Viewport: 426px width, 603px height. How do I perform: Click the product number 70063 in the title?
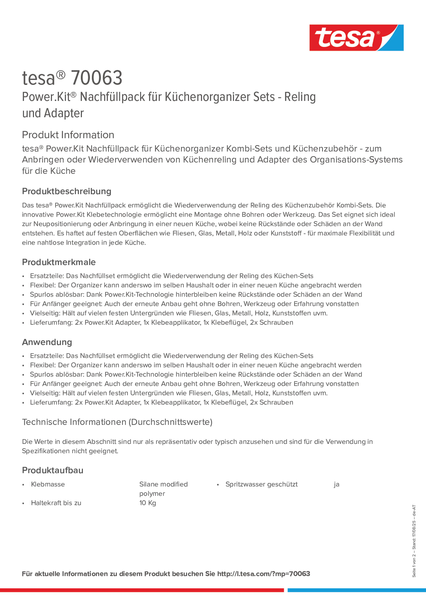(x=96, y=78)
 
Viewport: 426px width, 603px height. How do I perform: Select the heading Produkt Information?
(x=68, y=135)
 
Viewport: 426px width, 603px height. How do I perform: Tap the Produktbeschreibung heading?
(x=66, y=191)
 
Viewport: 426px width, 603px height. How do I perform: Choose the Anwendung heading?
(x=47, y=342)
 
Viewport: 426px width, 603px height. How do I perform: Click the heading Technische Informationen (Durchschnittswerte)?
(x=117, y=422)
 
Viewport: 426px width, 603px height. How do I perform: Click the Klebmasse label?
(x=48, y=484)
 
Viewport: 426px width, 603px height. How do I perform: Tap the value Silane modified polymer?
(x=163, y=489)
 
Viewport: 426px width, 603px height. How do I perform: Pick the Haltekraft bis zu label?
(x=56, y=503)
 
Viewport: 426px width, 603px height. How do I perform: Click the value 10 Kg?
(x=148, y=503)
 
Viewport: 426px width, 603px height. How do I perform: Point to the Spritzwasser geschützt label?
(x=261, y=484)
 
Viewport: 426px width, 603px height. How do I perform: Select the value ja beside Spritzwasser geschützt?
(x=336, y=484)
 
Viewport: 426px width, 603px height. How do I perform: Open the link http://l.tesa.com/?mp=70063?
(x=263, y=574)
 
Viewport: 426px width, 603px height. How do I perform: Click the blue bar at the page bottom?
(x=356, y=590)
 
